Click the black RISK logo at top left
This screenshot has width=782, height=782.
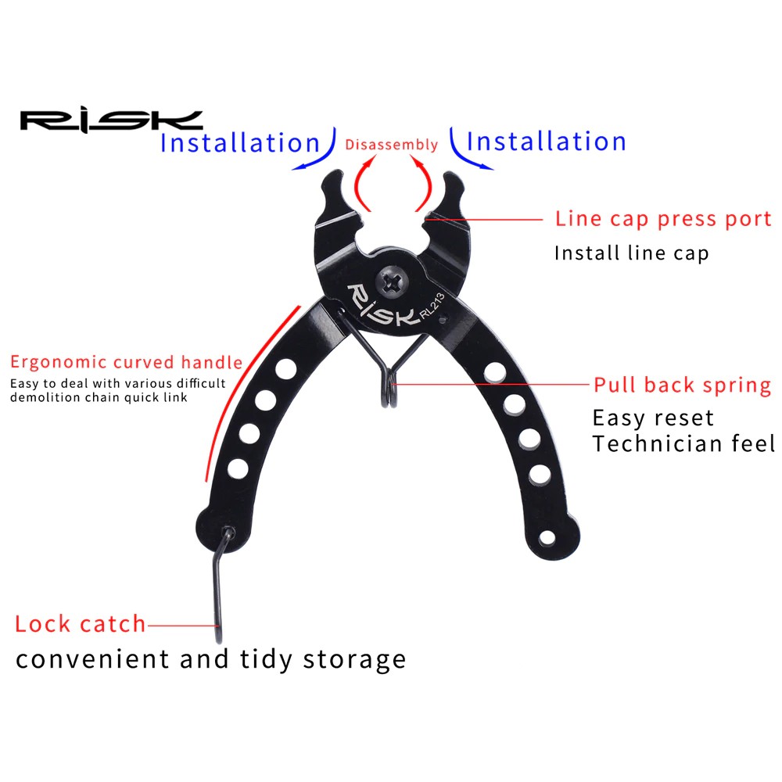click(111, 122)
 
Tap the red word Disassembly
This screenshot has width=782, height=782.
click(392, 145)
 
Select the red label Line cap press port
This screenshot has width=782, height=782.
click(663, 219)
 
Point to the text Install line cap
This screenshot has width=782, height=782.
click(631, 253)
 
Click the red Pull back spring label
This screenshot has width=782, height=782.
click(682, 385)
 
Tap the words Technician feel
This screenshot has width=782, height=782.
click(683, 443)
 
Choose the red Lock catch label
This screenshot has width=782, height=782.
click(81, 624)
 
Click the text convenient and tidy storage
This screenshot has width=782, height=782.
click(211, 659)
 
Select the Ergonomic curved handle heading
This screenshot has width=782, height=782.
click(126, 362)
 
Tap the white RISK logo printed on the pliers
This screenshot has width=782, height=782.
click(382, 305)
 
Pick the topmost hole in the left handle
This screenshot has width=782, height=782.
click(285, 369)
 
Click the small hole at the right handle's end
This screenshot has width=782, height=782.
click(547, 538)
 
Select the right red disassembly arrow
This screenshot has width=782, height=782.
click(422, 181)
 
